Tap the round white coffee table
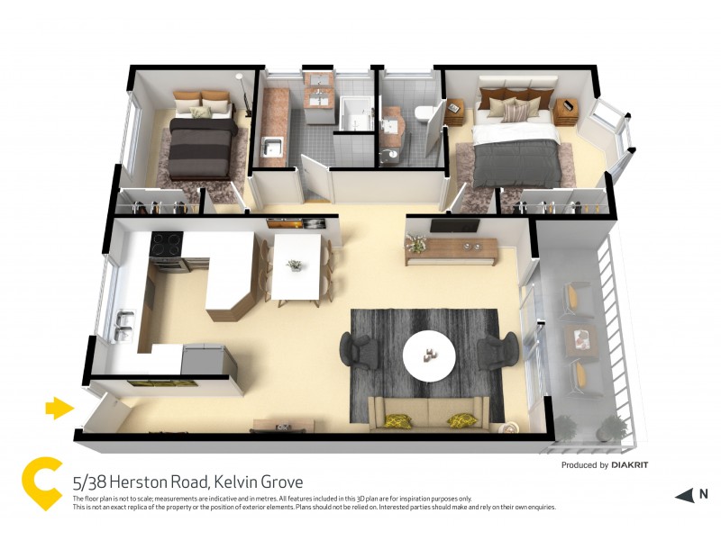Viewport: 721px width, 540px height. (430, 354)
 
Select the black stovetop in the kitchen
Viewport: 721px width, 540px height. (167, 242)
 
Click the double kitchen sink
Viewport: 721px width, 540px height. (125, 326)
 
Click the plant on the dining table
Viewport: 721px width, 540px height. (294, 265)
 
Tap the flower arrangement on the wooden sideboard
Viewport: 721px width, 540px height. (416, 241)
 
